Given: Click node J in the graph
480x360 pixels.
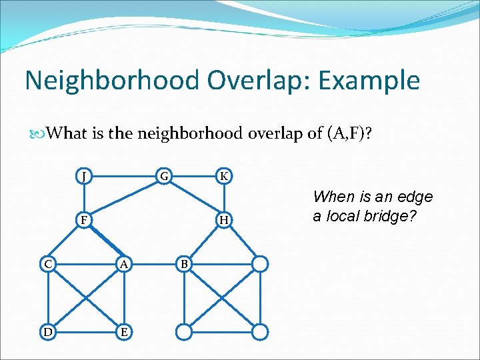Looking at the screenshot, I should point(83,177).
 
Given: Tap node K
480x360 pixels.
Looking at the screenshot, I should point(225,177).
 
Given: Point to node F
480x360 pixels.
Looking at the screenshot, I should point(83,220).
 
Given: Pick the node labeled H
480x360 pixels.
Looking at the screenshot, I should point(225,220).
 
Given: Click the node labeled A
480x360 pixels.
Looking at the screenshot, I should point(123,264).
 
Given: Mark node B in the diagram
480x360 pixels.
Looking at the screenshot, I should point(185,264).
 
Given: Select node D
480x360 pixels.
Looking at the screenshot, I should point(49,331).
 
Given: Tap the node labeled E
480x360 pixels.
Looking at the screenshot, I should point(123,331).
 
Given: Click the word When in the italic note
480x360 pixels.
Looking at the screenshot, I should point(333,197).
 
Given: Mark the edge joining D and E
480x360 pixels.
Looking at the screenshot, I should point(86,331).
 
